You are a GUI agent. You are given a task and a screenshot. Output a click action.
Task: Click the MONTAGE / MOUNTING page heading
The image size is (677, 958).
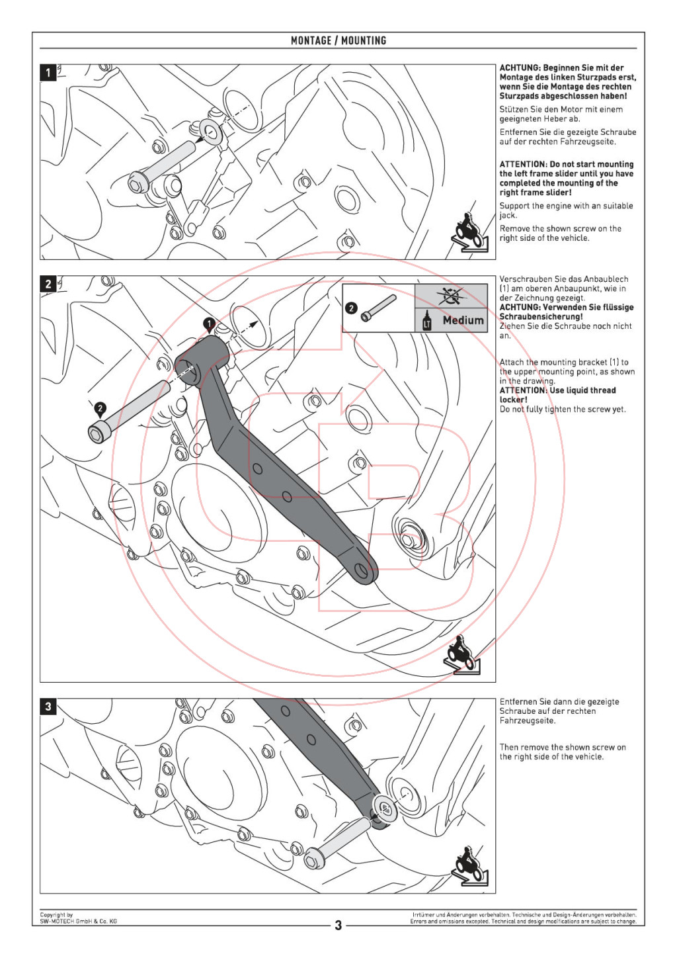point(338,40)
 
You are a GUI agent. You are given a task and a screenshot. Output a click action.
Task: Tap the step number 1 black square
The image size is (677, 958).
point(48,72)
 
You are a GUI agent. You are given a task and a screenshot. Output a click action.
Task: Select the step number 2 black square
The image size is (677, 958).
point(48,284)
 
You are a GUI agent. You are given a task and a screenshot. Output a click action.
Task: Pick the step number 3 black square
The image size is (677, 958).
point(48,707)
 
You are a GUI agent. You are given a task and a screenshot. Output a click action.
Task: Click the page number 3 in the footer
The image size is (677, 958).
point(338,925)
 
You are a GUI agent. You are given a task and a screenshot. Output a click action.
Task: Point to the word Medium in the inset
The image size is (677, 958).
point(463,320)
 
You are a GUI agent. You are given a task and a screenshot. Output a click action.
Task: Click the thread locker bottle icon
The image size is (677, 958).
point(426,320)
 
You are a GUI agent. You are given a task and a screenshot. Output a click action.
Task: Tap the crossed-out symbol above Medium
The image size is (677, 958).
point(452,296)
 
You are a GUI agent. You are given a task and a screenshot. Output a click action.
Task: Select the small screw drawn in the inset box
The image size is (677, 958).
point(379,308)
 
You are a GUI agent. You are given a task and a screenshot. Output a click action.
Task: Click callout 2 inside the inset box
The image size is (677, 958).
point(351,308)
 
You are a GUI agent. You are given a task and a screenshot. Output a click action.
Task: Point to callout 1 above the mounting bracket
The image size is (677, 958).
point(209,324)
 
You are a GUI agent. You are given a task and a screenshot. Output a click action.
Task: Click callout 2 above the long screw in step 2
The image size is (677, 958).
point(100,408)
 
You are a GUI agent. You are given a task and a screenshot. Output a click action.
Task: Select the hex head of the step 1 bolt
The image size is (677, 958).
point(138,181)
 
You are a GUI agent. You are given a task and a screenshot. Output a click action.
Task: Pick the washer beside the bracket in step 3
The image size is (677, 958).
point(384,808)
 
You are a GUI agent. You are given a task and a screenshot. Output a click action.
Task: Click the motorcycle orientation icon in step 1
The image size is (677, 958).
point(470,233)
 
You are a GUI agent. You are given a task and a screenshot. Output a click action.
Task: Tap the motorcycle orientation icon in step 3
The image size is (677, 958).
point(470,866)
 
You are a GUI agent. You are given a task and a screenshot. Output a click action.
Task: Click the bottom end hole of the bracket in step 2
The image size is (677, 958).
point(362,570)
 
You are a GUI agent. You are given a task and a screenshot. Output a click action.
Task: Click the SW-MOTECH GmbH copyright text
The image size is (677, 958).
point(78,918)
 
